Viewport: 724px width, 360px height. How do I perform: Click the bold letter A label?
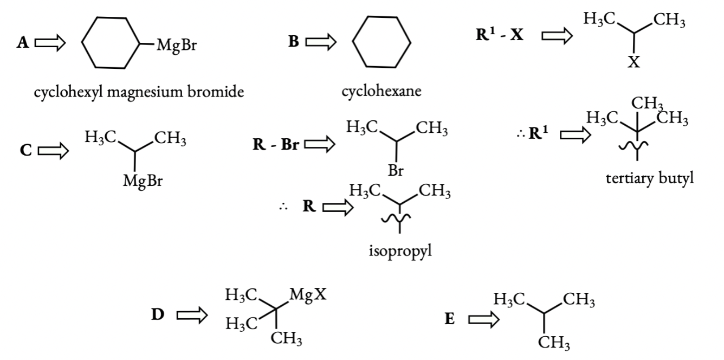pyautogui.click(x=23, y=44)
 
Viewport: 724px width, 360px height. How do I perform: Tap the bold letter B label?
pyautogui.click(x=293, y=43)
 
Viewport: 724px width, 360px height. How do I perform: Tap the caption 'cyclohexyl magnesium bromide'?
pyautogui.click(x=139, y=93)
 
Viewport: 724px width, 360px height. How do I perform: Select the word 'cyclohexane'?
pyautogui.click(x=382, y=91)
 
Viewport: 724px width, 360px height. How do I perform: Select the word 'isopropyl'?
pyautogui.click(x=400, y=251)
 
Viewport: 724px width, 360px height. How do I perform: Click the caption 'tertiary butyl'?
pyautogui.click(x=650, y=179)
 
